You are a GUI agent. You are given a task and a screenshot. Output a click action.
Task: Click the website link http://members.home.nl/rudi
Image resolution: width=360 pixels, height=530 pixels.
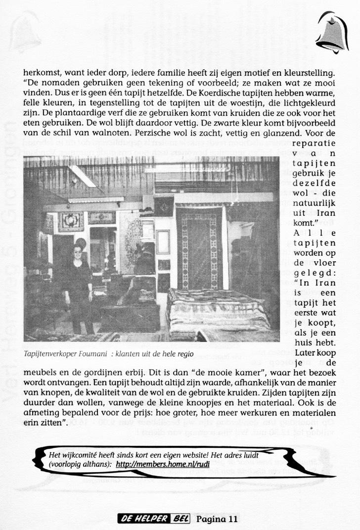[151, 465]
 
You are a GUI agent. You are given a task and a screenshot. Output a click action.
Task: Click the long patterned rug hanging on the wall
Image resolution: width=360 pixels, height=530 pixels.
[200, 245]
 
